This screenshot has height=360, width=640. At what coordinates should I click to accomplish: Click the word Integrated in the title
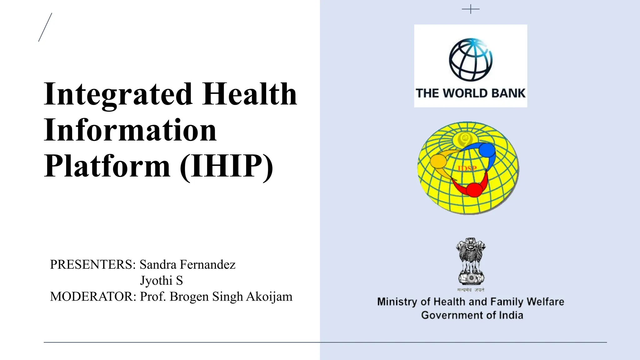(x=118, y=94)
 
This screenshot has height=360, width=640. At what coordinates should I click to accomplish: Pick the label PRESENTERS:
(x=93, y=265)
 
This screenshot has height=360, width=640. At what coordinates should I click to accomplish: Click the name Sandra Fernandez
(x=187, y=265)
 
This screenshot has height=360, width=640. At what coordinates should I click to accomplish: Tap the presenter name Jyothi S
(x=161, y=281)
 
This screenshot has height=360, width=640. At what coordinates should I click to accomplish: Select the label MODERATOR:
(x=93, y=297)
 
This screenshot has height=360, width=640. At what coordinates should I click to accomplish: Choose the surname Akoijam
(x=269, y=297)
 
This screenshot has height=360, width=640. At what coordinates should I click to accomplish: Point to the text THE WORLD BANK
(x=471, y=93)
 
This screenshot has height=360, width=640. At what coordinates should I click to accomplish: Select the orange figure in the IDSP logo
(x=438, y=161)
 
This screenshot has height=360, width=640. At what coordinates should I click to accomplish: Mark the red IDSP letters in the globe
(x=467, y=169)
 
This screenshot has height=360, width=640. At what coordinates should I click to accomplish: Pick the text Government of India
(x=472, y=315)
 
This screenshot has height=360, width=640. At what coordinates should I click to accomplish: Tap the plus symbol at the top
(x=471, y=9)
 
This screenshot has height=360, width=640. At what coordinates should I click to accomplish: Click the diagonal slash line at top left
(x=45, y=27)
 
